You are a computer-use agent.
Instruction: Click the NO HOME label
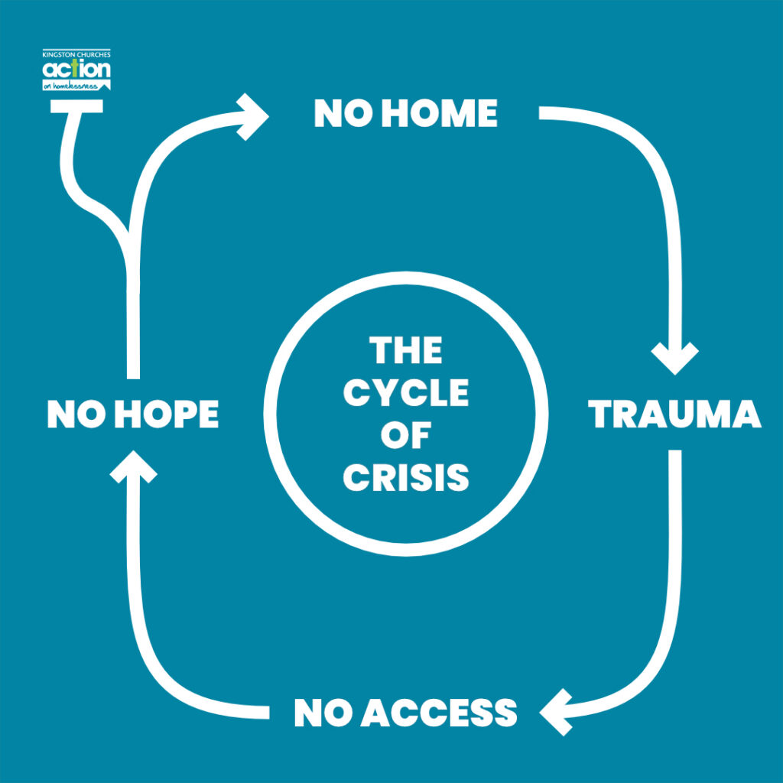(x=405, y=115)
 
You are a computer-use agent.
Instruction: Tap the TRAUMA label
(x=674, y=414)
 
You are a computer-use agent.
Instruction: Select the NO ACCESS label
(x=405, y=713)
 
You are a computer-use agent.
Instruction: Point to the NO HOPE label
(x=133, y=414)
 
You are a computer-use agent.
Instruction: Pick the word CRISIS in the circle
(x=405, y=478)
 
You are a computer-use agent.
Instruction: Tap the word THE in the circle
(x=405, y=352)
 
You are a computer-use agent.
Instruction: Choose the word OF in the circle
(x=405, y=436)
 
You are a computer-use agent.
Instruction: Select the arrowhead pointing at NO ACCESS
(x=557, y=712)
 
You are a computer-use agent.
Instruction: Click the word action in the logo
(x=76, y=70)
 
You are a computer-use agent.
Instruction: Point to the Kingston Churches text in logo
(x=76, y=55)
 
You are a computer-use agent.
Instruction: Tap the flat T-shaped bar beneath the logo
(x=76, y=106)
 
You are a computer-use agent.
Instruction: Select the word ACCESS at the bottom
(x=439, y=713)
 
